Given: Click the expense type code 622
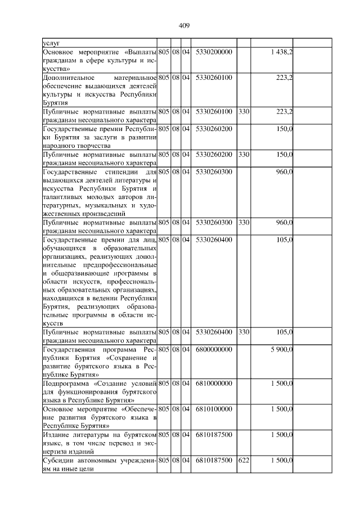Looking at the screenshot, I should (244, 460).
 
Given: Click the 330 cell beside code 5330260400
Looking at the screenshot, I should (244, 332).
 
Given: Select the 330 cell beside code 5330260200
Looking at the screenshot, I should (244, 154).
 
